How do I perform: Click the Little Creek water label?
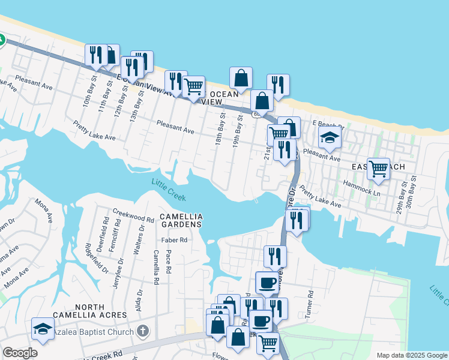pyautogui.click(x=169, y=190)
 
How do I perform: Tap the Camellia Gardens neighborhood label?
pyautogui.click(x=181, y=220)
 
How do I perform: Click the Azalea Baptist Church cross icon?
pyautogui.click(x=142, y=331)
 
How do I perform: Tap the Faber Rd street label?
pyautogui.click(x=174, y=240)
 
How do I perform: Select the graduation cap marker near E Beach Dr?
pyautogui.click(x=329, y=139)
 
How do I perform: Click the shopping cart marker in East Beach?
pyautogui.click(x=378, y=168)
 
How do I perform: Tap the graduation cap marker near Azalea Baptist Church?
pyautogui.click(x=43, y=328)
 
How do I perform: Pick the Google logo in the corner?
pyautogui.click(x=20, y=353)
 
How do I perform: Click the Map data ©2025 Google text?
pyautogui.click(x=411, y=355)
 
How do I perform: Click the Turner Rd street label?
pyautogui.click(x=310, y=305)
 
